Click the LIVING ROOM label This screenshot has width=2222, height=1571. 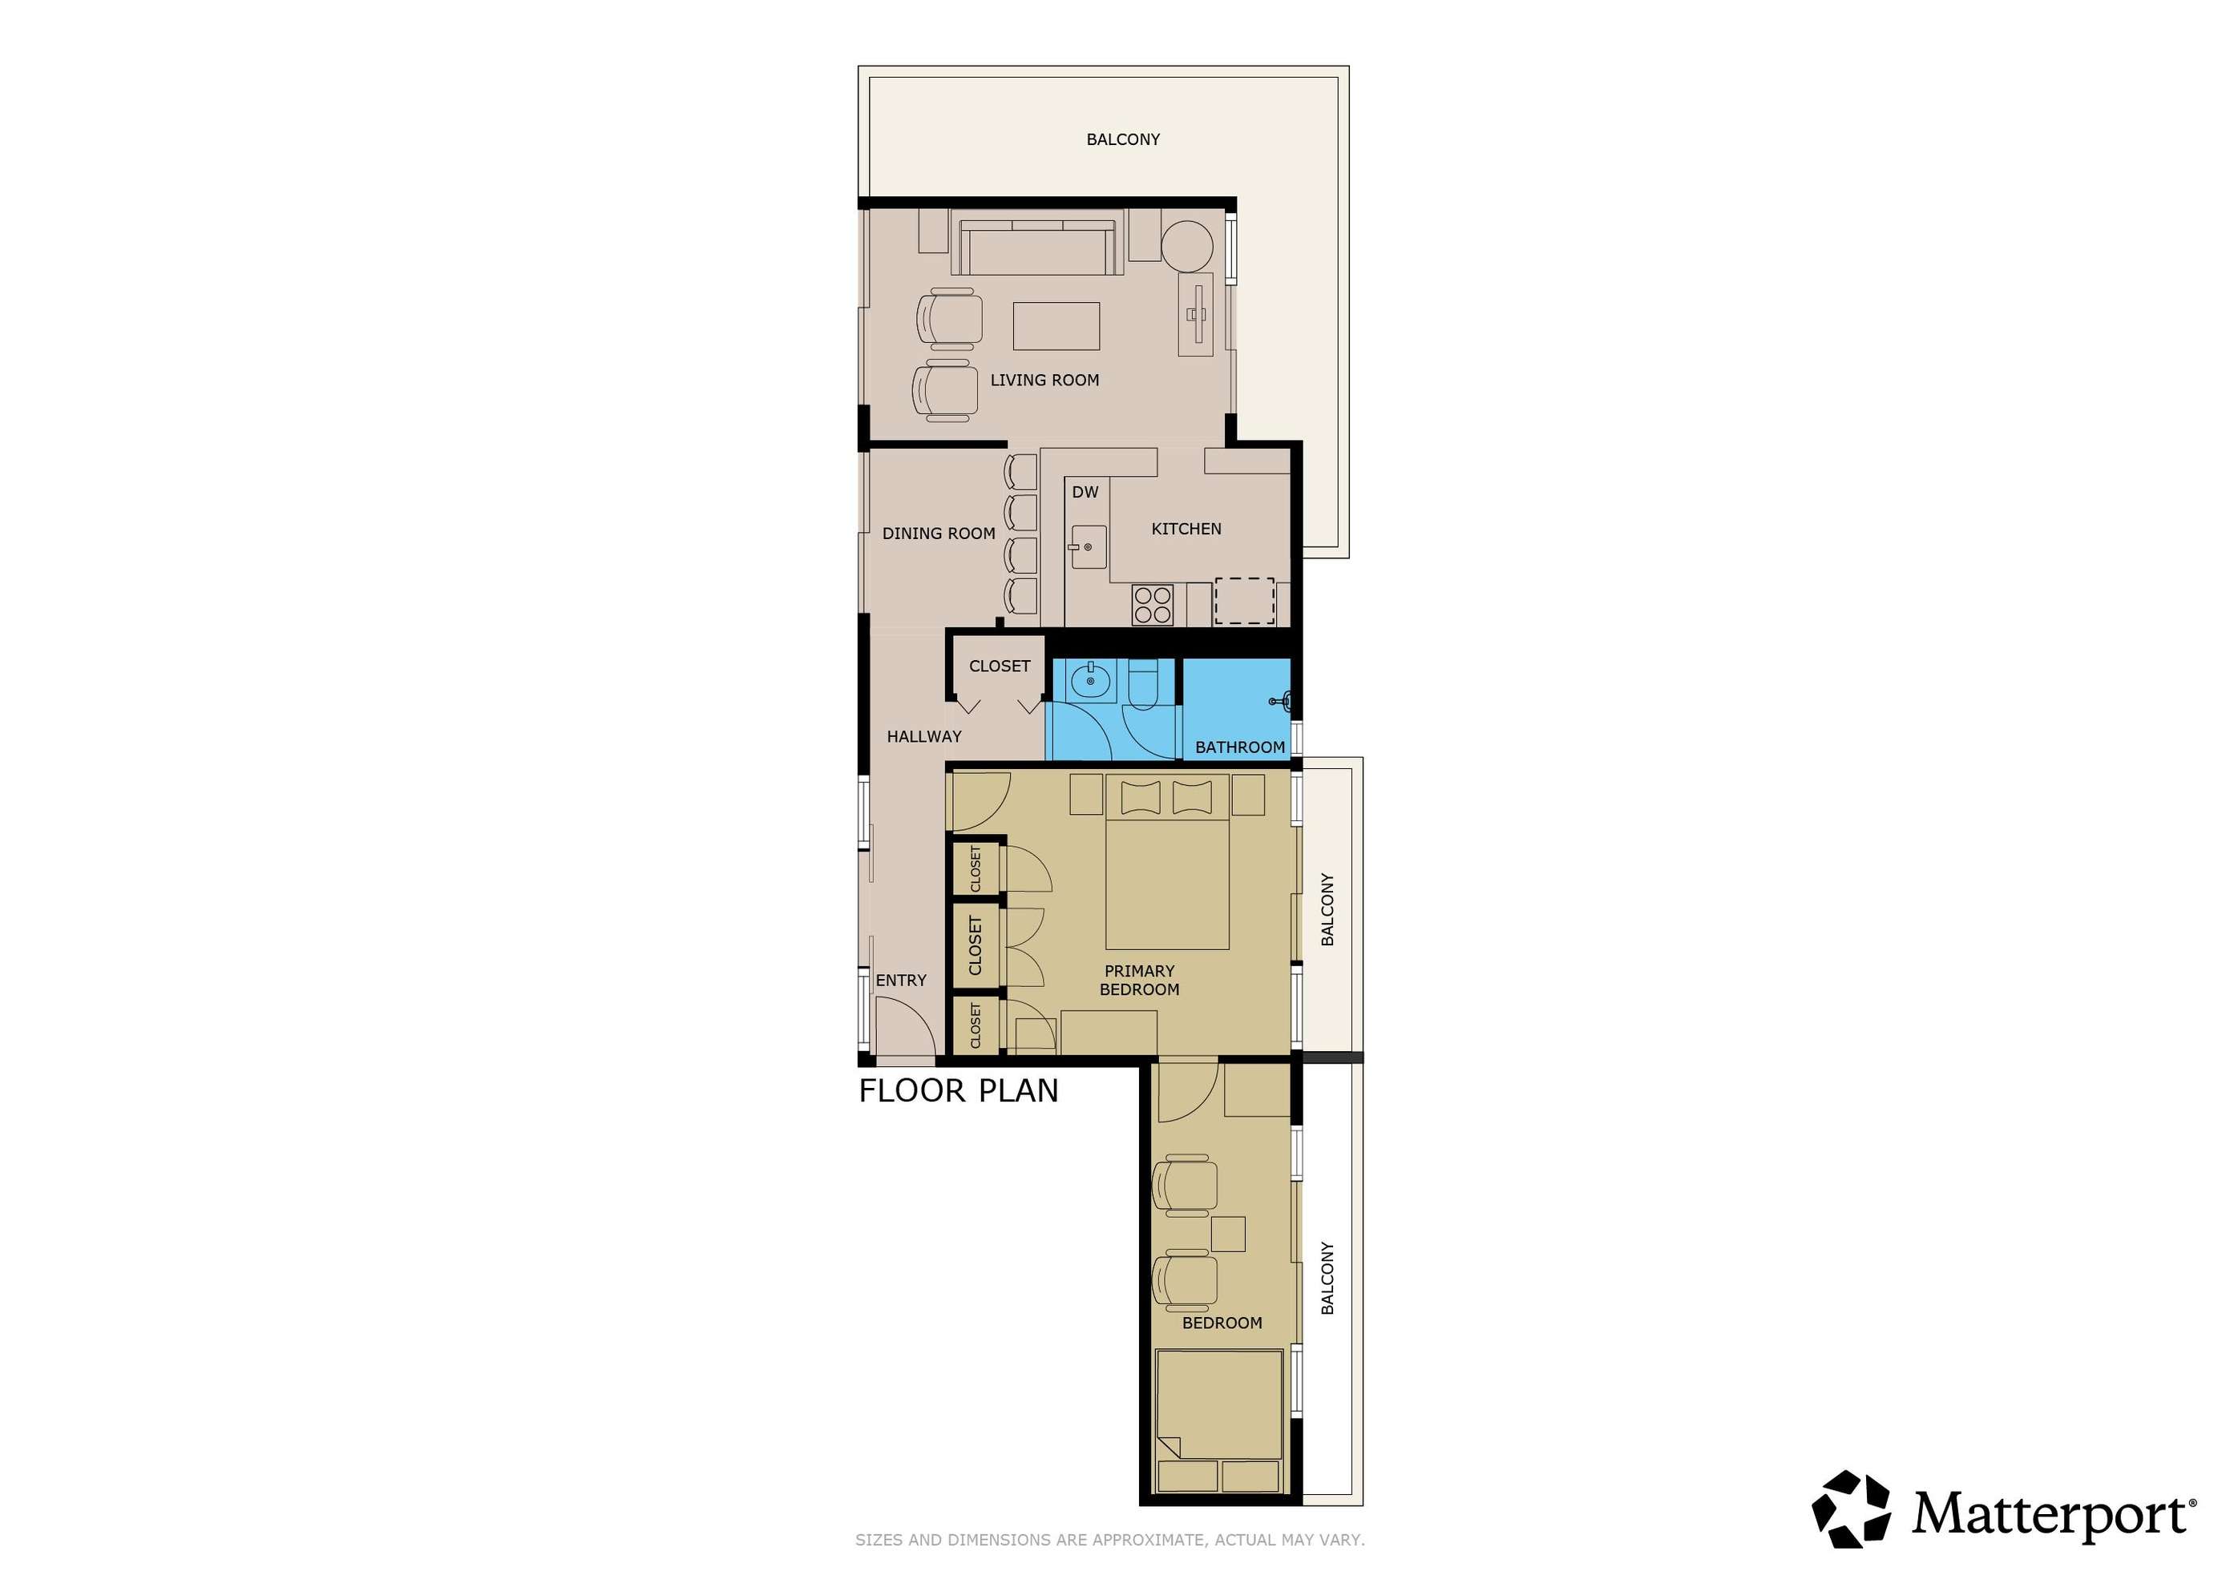[1044, 381]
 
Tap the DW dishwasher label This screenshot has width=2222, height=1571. [1085, 493]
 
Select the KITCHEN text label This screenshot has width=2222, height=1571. [1186, 530]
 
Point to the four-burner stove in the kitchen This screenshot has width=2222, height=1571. [1153, 605]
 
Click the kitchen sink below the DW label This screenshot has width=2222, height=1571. [1089, 547]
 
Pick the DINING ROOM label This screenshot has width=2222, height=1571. [939, 533]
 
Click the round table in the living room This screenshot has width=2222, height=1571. [1187, 247]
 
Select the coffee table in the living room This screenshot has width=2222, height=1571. [1056, 326]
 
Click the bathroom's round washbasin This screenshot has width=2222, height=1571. [1091, 681]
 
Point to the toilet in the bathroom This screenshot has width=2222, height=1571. [1143, 684]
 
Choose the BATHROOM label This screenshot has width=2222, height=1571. [1240, 747]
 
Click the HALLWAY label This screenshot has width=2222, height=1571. [924, 736]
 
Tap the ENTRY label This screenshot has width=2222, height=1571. [901, 980]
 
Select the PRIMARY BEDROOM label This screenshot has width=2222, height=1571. [1139, 980]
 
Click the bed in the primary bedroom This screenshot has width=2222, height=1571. [1167, 861]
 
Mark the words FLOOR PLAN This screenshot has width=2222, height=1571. [958, 1091]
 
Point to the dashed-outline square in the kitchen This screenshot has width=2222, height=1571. [1245, 601]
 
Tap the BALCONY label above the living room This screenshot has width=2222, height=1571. [1122, 139]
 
